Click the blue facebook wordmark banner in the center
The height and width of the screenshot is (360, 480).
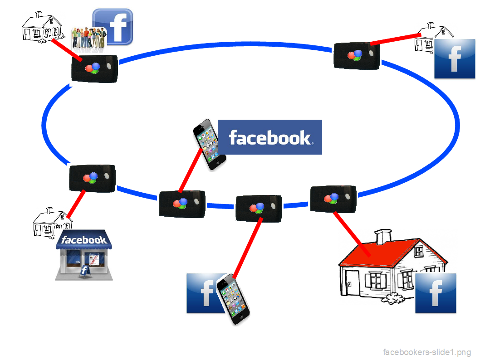[x=270, y=137]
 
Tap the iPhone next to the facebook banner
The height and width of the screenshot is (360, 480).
[x=209, y=144]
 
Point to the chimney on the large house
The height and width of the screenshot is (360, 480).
[x=383, y=236]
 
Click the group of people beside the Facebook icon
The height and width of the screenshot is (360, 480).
[x=88, y=39]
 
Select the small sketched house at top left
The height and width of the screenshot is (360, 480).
[x=42, y=27]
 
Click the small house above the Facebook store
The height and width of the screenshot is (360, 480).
[x=52, y=222]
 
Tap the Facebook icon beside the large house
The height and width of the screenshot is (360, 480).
[x=436, y=293]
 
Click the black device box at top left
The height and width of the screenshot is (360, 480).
[x=95, y=68]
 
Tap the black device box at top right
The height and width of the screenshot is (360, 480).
[x=357, y=56]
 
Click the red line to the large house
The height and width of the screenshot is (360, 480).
[x=352, y=234]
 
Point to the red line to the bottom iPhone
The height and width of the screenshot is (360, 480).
[x=248, y=247]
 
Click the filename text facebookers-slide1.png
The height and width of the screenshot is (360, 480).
[x=427, y=352]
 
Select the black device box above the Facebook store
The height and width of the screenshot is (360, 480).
[x=92, y=179]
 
